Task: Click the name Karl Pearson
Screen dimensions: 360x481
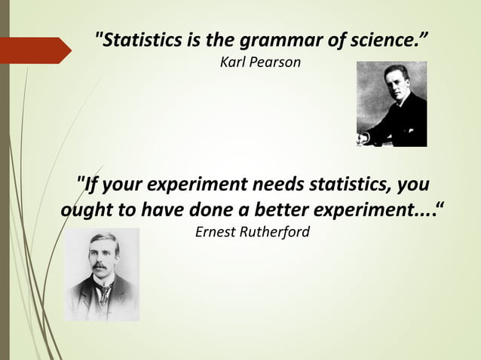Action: click(260, 62)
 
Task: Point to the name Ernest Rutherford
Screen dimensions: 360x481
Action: click(253, 232)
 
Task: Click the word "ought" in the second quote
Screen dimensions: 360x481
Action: click(87, 209)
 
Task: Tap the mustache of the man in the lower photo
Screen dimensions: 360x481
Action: click(98, 267)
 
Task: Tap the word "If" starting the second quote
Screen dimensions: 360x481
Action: click(93, 185)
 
